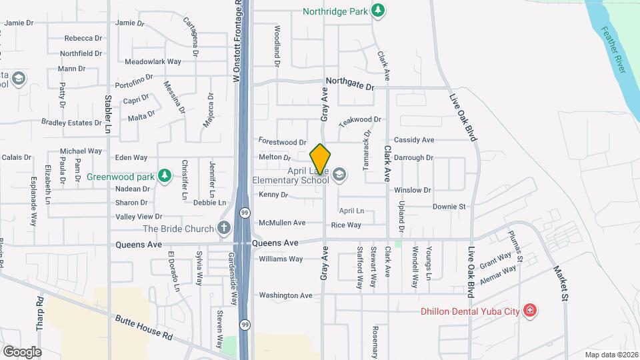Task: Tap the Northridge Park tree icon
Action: [378, 10]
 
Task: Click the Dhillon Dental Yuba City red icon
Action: [529, 311]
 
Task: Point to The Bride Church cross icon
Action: [223, 228]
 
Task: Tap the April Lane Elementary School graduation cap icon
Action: [339, 175]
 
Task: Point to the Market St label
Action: [559, 283]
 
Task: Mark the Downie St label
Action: [449, 207]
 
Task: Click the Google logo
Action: [22, 352]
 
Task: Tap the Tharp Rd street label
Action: [40, 313]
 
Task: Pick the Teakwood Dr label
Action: [359, 120]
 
